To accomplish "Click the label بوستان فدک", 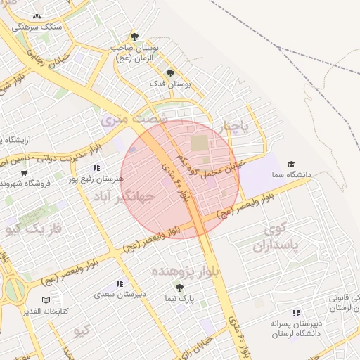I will point(172,83).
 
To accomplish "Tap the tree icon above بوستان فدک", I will point(170,72).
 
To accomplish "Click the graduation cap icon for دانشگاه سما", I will point(290,164).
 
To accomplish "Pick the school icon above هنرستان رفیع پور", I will point(97,168).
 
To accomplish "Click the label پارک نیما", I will point(179,298).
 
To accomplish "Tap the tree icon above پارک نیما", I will point(179,288).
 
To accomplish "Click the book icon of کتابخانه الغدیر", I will point(46,300).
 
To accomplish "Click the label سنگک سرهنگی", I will point(41,25).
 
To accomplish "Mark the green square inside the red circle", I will point(200,143).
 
